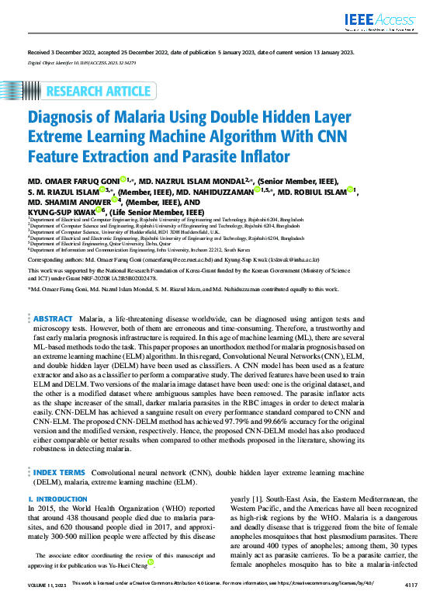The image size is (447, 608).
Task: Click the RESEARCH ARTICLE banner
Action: point(98,92)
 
